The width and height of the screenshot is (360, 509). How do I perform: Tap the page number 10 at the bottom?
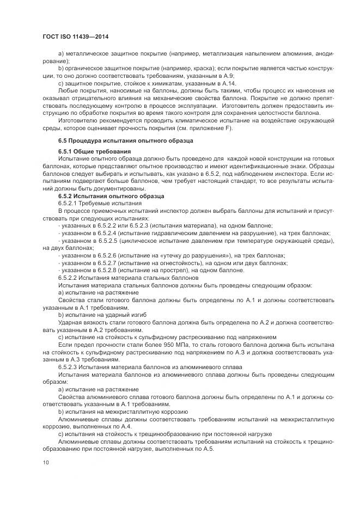tap(46, 462)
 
